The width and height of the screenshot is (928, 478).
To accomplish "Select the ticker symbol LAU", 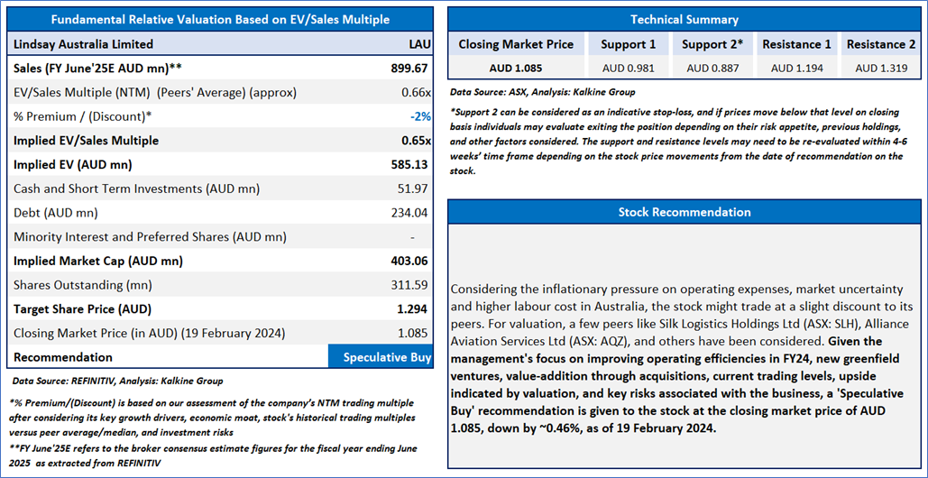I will pos(419,43).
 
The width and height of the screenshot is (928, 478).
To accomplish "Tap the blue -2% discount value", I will pos(419,116).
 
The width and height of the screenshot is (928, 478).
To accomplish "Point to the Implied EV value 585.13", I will pos(409,164).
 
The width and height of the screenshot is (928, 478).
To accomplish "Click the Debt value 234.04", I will pos(409,213).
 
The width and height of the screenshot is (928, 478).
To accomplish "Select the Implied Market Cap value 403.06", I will pos(409,261).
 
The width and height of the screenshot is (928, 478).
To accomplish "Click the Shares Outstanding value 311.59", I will pos(409,285).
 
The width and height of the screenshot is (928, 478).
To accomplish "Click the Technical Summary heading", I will pos(684,19).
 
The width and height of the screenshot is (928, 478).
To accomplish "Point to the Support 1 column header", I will pos(629,44).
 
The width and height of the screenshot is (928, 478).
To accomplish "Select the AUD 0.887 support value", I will pos(712,68).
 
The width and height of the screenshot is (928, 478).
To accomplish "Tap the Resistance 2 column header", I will pos(881,44).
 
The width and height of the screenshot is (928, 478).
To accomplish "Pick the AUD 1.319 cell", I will pos(881,68).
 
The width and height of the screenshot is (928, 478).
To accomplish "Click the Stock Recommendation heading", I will pos(684,212).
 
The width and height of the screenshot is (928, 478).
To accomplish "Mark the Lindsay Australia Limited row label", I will pos(84,43).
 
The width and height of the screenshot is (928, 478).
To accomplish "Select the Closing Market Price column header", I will pos(516,44).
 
